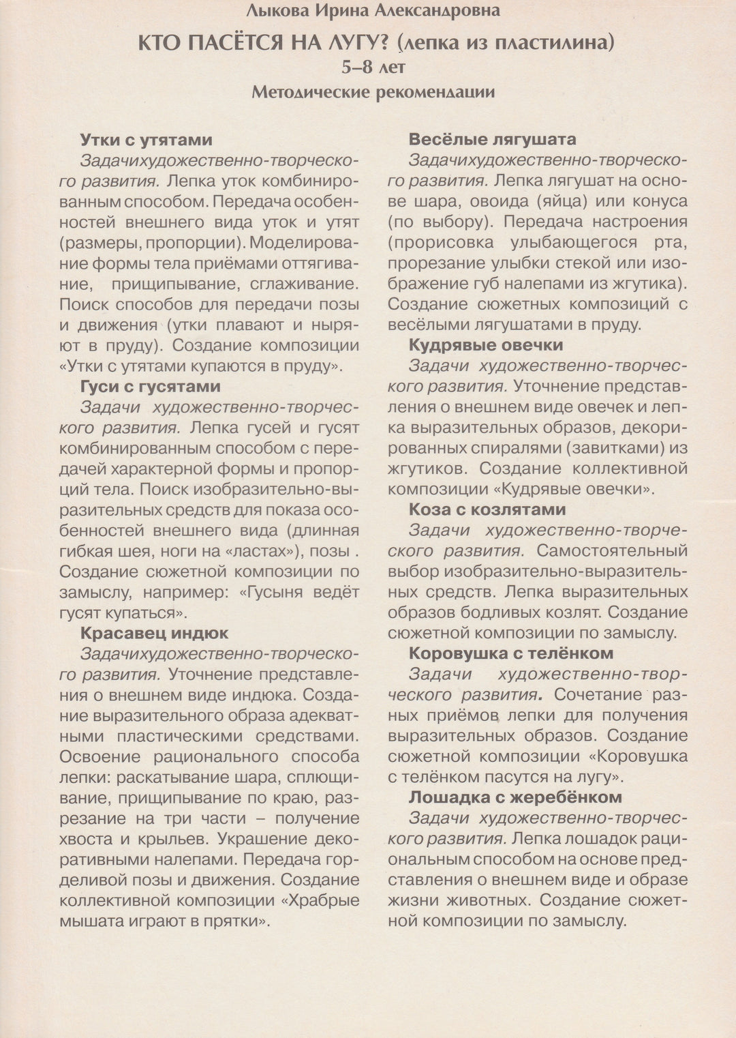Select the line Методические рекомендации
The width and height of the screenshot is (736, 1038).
coord(373,92)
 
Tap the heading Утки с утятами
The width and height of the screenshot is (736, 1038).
coord(147,140)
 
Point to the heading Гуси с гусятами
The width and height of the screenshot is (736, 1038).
coord(151,387)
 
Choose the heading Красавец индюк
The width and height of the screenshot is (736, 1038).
coord(155,634)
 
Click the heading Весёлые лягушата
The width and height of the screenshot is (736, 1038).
coord(492,140)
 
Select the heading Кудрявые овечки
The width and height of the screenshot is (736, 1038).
coord(486,345)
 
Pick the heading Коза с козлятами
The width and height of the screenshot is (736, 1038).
coord(487,509)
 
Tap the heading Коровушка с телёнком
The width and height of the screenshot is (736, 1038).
coord(511,653)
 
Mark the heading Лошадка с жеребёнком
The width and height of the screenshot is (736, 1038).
coord(515,797)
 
